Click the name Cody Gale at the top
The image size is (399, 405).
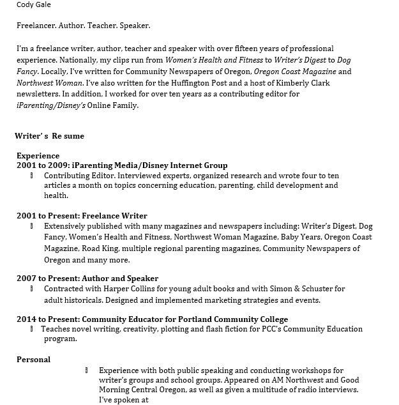point(34,5)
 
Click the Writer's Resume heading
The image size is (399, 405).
point(49,135)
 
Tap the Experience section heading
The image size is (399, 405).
point(38,155)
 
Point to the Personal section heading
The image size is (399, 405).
point(33,360)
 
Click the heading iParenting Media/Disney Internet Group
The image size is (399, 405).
point(150,165)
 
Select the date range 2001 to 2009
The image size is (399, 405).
point(41,165)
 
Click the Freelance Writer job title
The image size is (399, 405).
point(116,216)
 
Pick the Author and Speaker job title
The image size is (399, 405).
point(120,279)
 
